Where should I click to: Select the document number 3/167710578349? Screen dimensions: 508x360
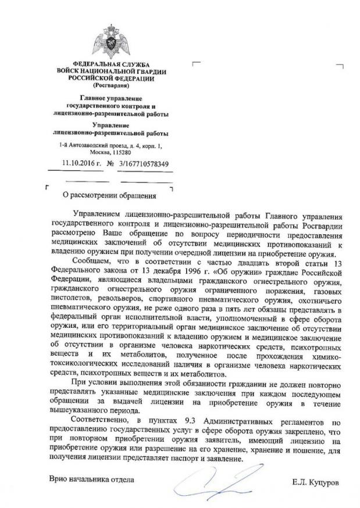point(144,164)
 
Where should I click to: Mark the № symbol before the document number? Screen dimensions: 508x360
point(111,164)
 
